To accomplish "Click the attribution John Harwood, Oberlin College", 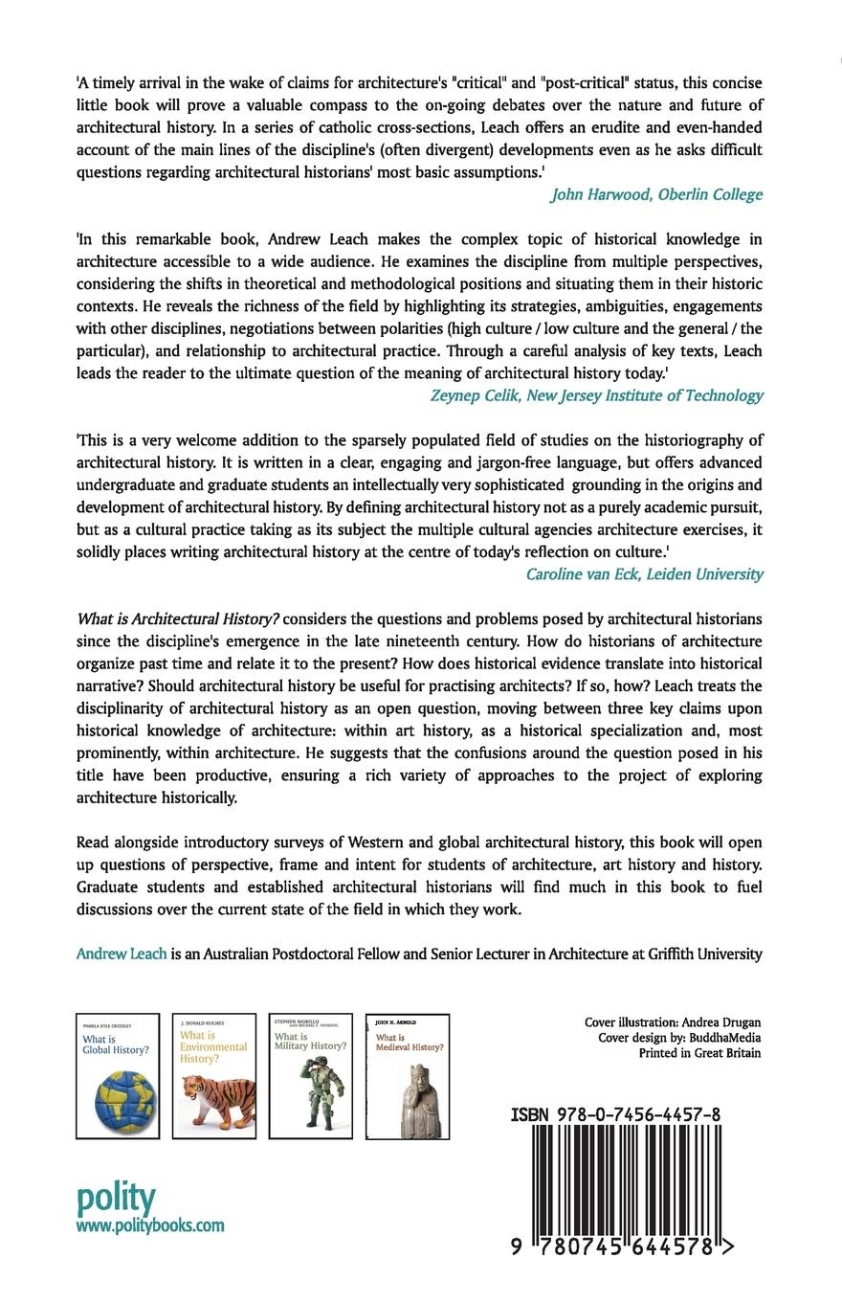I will [x=656, y=195].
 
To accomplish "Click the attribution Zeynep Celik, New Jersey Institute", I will [x=596, y=395].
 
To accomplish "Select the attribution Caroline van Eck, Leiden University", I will [x=644, y=574].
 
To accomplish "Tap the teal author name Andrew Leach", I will [x=122, y=954].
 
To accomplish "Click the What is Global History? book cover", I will [x=118, y=1076].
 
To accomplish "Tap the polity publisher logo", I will [x=115, y=1198].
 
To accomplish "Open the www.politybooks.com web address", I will [x=150, y=1225].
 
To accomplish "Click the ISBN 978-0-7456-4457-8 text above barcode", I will [x=615, y=1114].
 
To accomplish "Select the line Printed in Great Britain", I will [x=699, y=1053].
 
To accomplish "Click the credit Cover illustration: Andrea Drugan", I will [x=673, y=1022].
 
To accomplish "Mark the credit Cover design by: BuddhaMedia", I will [x=679, y=1038].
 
